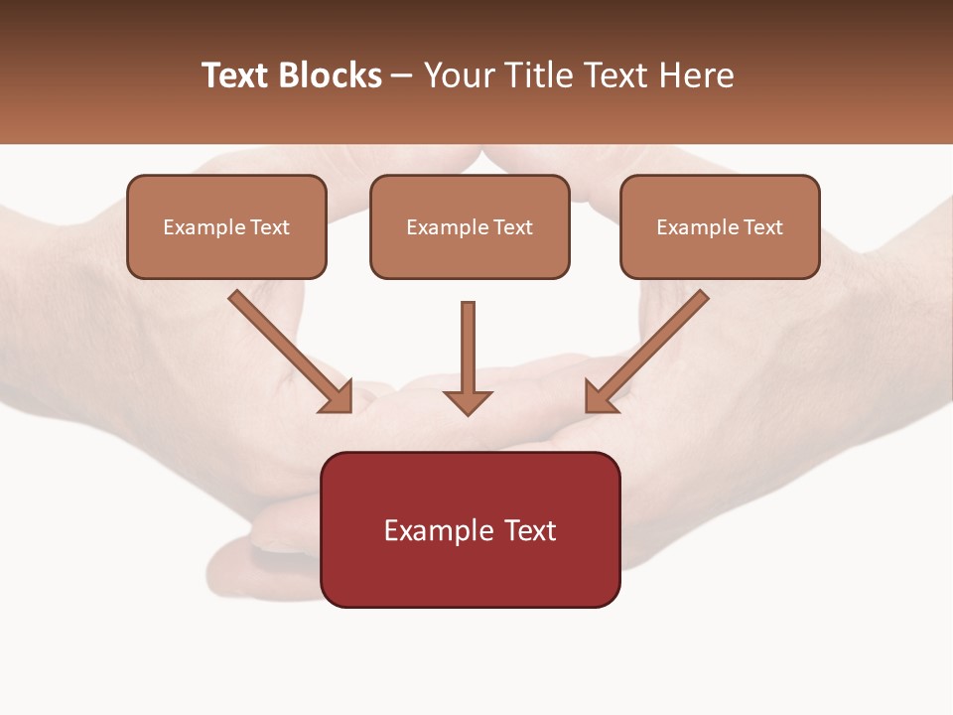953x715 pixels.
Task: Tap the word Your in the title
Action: pos(458,75)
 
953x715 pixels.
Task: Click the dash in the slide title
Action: pos(402,76)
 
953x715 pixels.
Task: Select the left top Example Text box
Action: pos(226,226)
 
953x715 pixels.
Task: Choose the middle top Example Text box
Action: pos(470,226)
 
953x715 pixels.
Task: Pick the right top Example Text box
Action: pos(720,226)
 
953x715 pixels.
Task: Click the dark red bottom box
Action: pos(470,529)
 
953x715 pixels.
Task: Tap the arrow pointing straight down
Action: pos(468,348)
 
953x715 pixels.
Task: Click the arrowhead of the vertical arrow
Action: pos(468,401)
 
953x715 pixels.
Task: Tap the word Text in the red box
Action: pos(529,530)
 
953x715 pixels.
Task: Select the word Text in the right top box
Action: pos(762,227)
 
